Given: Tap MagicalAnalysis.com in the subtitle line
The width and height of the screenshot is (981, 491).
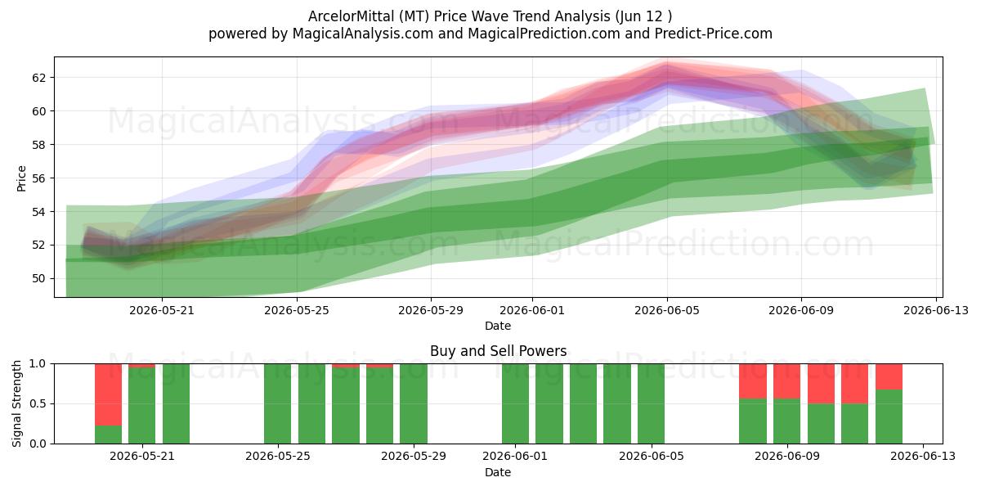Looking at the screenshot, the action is pos(363,34).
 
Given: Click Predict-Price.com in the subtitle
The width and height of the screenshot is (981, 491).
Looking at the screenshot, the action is pos(714,34).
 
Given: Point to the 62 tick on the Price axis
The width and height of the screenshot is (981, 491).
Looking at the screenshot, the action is pos(38,78).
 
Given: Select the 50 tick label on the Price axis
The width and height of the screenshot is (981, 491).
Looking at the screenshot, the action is pos(38,278).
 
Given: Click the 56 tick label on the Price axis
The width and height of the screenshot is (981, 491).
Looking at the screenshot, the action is pos(38,178).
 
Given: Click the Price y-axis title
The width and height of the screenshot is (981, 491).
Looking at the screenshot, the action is pos(21,178).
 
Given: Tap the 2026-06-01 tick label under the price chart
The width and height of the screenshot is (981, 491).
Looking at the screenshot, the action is pos(532,310).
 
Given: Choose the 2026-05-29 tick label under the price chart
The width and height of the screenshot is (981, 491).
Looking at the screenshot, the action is pos(431,310).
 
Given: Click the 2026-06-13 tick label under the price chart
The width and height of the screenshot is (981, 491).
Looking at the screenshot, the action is pos(936,310).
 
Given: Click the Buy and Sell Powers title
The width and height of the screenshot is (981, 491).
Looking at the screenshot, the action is pos(499,351).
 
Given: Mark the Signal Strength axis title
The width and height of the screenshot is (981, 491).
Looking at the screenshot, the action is pos(16,403).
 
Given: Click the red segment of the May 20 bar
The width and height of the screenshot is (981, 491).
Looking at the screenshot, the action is pos(108,394).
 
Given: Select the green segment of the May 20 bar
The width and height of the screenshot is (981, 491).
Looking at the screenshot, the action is pos(108,435).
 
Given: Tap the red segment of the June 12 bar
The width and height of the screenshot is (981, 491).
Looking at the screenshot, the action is pos(889,376).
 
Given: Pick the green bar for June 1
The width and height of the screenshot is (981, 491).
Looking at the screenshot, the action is pos(516,403).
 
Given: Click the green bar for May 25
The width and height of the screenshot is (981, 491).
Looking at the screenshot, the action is pos(278,403).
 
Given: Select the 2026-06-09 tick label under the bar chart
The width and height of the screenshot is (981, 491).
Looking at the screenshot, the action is pos(787,456).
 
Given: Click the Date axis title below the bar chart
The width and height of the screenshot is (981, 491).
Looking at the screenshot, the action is pos(498,472).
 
